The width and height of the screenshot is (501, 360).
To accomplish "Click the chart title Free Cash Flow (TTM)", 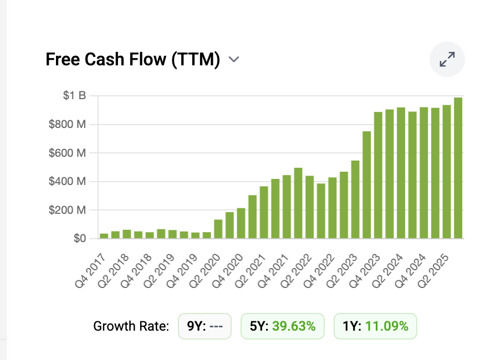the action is point(132,59).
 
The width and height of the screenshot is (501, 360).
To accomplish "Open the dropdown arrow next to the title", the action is point(234,59).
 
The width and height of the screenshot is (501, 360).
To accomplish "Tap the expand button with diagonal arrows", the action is point(447,59).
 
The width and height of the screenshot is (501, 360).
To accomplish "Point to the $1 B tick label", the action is point(74,95).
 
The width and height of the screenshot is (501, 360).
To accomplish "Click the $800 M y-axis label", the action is point(67,124).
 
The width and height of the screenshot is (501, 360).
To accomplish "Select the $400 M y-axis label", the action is point(67,181).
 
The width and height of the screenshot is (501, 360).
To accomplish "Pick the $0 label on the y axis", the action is point(80,238).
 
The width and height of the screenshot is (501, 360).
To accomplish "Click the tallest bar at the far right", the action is point(458,168).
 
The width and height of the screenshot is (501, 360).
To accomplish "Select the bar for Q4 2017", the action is point(104,236).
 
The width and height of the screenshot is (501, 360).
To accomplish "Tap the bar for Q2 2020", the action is point(218,229).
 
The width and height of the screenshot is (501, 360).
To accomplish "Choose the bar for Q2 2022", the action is point(310,207).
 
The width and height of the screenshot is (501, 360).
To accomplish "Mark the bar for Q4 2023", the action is point(378,175).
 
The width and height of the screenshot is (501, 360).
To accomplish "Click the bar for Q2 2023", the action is point(355,199).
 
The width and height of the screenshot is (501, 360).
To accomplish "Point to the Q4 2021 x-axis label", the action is point(273,271).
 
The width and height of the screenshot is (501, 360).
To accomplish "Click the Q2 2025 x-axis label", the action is point(433,271).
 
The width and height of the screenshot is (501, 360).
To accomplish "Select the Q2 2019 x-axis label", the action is point(159,271).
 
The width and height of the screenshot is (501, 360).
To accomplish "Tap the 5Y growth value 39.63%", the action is point(294,326).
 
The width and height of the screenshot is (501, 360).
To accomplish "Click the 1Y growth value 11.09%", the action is point(387,326).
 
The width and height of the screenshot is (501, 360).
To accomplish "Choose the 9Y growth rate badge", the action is point(205,326).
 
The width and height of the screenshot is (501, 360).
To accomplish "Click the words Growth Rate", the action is point(131,326).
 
